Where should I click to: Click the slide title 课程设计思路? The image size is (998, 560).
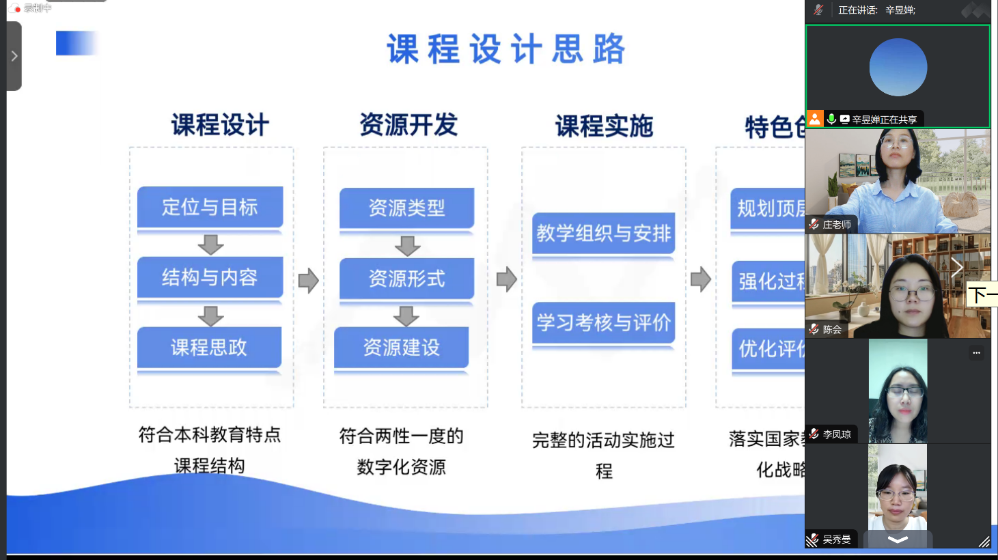(505, 50)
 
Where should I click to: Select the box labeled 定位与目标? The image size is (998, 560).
(210, 207)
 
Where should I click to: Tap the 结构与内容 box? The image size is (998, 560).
(210, 277)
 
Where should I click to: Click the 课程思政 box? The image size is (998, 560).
(209, 348)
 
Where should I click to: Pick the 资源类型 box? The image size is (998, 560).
(406, 208)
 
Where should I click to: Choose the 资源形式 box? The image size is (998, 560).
(406, 279)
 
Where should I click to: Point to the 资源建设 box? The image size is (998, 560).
(401, 348)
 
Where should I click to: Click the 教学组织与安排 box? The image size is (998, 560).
(603, 234)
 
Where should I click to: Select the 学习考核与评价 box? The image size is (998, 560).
(603, 323)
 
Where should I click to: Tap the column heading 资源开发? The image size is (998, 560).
(408, 125)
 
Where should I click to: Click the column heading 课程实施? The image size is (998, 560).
(604, 126)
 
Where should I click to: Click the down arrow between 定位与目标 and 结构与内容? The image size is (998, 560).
(210, 244)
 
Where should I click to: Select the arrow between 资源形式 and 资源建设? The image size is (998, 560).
(406, 316)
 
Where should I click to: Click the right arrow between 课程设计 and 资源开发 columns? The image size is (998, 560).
(308, 280)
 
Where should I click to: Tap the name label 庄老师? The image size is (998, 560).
(836, 225)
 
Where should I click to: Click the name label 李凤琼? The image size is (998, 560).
(836, 434)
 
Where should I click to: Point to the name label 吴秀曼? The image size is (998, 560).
(836, 540)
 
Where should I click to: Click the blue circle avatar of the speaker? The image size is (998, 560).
(898, 67)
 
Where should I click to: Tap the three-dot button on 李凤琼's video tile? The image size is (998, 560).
(976, 353)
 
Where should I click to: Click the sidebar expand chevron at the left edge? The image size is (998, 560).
(14, 56)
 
